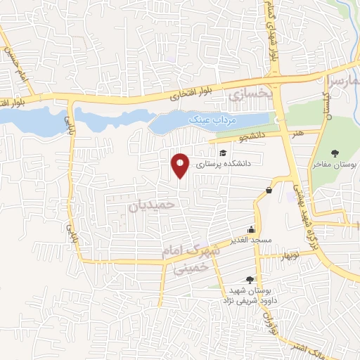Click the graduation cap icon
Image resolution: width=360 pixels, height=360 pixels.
click(x=223, y=153)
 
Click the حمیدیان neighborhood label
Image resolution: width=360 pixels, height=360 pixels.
click(x=150, y=205)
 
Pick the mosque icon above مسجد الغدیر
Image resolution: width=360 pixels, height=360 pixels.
click(x=251, y=229)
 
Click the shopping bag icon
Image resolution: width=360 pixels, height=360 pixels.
click(x=269, y=191)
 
